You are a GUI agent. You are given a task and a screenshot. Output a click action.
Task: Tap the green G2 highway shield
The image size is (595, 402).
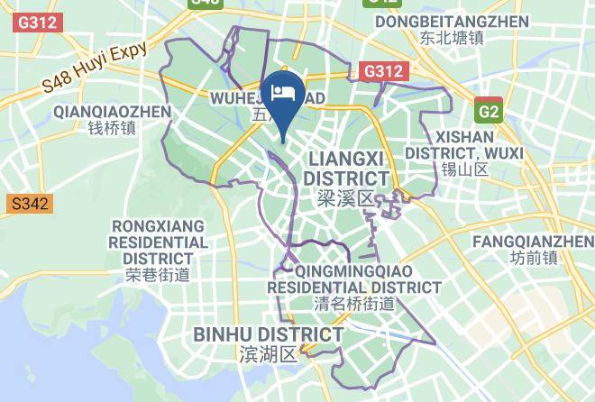[489, 111]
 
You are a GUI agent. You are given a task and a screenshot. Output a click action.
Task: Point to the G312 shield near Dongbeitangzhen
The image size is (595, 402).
[385, 69]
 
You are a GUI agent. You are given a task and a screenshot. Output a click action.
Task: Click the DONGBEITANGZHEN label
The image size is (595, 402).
[452, 20]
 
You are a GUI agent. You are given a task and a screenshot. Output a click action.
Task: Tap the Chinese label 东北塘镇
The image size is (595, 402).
[452, 38]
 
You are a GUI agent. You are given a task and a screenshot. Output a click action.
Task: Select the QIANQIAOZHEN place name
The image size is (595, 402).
[112, 111]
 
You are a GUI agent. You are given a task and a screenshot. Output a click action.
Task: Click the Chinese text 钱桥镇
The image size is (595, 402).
[112, 129]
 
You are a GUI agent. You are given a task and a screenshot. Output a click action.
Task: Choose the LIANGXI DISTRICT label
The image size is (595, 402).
[345, 168]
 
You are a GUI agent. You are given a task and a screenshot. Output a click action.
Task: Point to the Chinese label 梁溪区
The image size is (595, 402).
[345, 197]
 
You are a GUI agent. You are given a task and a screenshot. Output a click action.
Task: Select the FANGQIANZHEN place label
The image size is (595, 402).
[533, 241]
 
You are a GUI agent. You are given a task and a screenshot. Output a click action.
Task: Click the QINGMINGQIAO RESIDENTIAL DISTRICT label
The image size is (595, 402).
[354, 279]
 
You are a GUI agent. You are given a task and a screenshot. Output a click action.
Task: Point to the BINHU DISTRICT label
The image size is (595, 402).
[269, 335]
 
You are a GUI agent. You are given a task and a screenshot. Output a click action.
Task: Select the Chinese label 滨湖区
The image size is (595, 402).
[268, 353]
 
